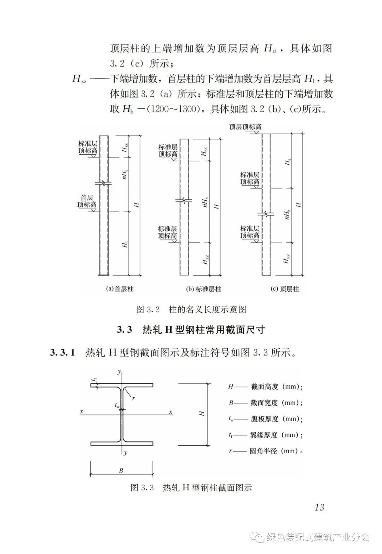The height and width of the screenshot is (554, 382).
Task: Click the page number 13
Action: tap(319, 507)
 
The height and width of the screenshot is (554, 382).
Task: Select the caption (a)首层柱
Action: tap(120, 289)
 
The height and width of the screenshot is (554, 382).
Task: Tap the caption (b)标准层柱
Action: tap(203, 289)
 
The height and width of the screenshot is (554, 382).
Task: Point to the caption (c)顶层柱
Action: tap(284, 289)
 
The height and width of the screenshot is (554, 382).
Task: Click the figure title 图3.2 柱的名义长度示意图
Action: tap(191, 309)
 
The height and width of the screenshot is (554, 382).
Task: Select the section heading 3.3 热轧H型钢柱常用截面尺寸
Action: tap(191, 330)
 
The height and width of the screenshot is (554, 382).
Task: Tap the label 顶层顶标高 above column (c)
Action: tap(245, 127)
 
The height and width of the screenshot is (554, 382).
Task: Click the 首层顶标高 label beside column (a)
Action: tap(87, 201)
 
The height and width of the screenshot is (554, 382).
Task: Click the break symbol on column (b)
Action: tap(184, 201)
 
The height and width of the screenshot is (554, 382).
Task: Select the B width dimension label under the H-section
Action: tap(121, 470)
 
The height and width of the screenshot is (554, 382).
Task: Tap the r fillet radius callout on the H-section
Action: tap(133, 398)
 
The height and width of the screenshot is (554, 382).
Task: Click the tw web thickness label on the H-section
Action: tap(117, 405)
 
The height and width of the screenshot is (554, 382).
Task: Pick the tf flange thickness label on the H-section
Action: tap(94, 379)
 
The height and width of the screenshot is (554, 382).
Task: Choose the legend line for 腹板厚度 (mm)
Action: tap(265, 419)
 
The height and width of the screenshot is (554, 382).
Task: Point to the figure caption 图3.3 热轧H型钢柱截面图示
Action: tap(191, 487)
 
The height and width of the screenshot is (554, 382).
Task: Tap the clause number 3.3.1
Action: tap(63, 353)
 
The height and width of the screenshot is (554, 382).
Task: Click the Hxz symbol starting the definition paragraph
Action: tap(79, 79)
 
